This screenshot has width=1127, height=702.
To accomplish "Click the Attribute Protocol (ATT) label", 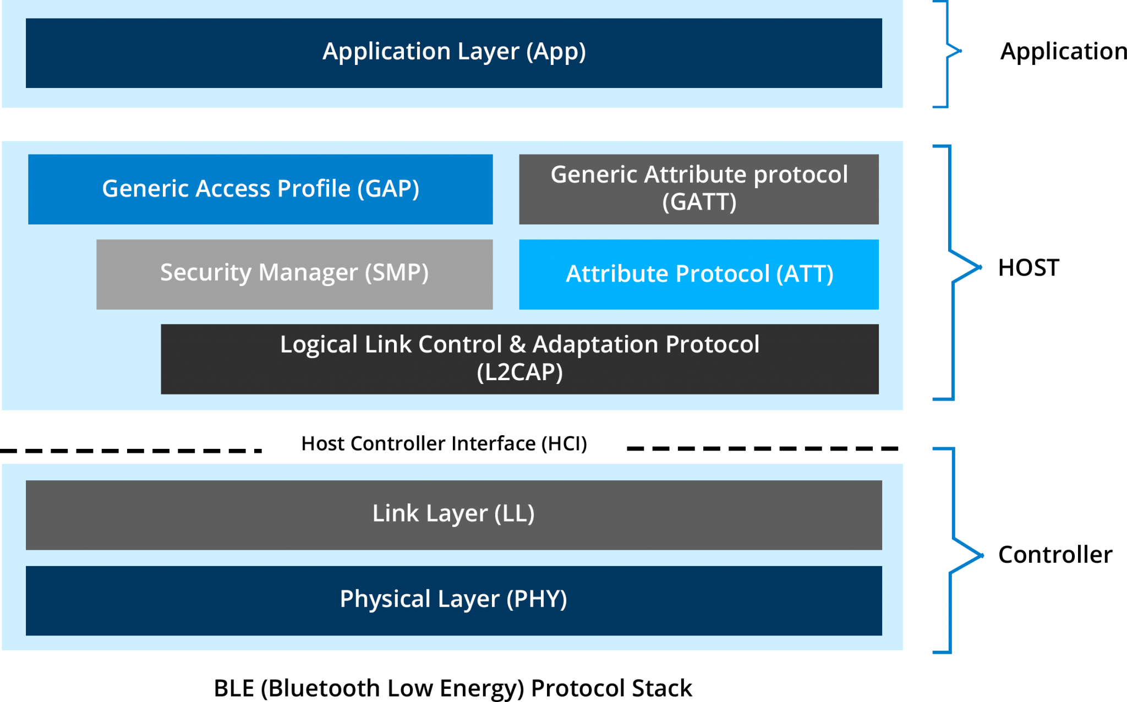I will click(x=699, y=274).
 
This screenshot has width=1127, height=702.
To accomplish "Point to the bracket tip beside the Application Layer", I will click(x=960, y=51).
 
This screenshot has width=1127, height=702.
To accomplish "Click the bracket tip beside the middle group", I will click(x=981, y=267).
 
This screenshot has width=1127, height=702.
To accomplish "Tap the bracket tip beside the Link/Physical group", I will click(x=982, y=556).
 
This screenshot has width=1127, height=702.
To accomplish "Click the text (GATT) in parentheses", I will click(x=699, y=202).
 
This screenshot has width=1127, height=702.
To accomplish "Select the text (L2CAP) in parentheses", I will click(x=519, y=372).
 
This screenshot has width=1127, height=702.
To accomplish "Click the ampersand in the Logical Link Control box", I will click(x=517, y=344).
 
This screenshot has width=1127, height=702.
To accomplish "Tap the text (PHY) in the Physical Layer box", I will click(x=537, y=599).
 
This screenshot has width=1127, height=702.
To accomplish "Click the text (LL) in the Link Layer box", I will click(x=514, y=514).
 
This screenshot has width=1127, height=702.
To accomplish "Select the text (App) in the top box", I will click(x=556, y=52).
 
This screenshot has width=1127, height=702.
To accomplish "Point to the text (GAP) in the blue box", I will click(x=388, y=189).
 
